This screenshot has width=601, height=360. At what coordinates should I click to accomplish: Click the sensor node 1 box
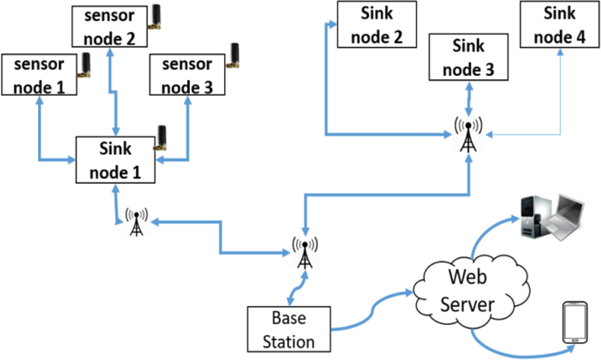tap(39, 75)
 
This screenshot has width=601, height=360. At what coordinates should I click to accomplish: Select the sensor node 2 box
tap(109, 27)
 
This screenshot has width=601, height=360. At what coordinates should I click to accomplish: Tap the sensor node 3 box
tap(187, 75)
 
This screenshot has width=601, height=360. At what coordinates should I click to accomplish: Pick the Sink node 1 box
tap(115, 160)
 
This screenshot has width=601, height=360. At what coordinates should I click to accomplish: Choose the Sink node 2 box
tap(377, 25)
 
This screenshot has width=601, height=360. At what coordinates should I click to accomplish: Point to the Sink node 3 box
tap(468, 57)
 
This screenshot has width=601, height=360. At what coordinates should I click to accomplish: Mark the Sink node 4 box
tap(559, 25)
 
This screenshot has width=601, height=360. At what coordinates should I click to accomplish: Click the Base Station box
tap(289, 330)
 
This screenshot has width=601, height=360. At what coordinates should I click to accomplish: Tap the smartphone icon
tap(575, 322)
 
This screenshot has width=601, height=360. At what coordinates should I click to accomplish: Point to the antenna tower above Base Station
tap(305, 253)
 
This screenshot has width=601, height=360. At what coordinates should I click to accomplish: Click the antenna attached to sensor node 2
tap(156, 17)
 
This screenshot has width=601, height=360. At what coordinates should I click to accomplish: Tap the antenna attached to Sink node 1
tap(161, 138)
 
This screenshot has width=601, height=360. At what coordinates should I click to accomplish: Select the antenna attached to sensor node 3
tap(234, 55)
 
